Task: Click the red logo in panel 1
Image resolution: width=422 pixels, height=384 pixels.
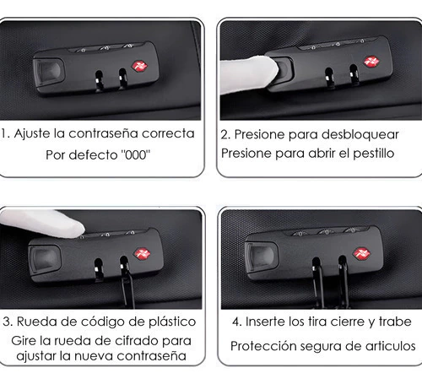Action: [139, 67]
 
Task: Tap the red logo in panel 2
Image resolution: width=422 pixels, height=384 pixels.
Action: [372, 62]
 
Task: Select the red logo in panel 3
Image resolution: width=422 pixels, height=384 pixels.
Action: [143, 254]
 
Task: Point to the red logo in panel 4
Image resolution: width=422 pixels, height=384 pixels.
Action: [362, 254]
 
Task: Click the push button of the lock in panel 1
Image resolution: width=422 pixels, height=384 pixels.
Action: [49, 72]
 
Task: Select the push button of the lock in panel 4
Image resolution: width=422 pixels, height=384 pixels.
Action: [261, 257]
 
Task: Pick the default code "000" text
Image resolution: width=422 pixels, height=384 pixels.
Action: [136, 154]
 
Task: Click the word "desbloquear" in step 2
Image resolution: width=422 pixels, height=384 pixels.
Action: [360, 134]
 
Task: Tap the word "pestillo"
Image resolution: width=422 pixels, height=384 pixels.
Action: [374, 154]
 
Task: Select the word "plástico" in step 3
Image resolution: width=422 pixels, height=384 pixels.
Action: [172, 322]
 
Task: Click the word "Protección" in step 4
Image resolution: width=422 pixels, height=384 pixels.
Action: [263, 346]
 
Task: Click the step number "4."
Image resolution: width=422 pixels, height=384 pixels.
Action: [237, 322]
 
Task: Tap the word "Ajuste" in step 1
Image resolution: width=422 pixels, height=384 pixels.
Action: [32, 134]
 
